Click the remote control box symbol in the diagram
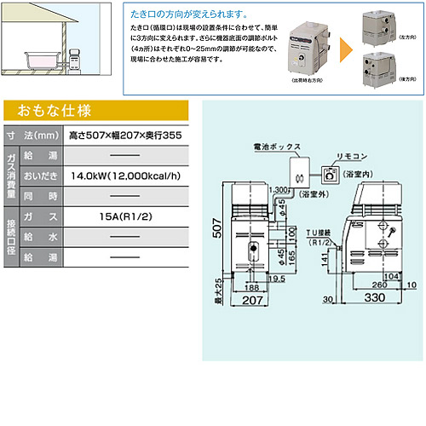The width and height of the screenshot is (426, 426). pos(330,175)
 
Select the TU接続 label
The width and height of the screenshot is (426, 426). pos(323,231)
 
